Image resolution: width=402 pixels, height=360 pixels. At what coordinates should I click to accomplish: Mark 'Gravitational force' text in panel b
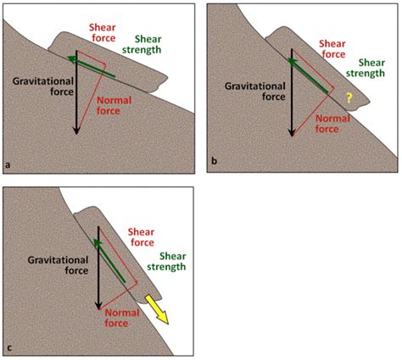(x=251, y=91)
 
